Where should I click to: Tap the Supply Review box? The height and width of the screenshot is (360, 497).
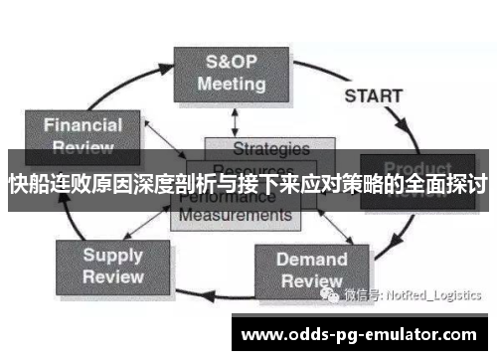tap(113, 265)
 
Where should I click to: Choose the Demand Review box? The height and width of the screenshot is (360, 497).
tap(311, 270)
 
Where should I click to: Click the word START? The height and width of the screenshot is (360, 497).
tap(373, 96)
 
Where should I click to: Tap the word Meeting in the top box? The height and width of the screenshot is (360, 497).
tap(231, 84)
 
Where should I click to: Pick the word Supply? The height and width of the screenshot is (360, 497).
tap(113, 254)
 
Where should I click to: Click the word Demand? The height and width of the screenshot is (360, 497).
tap(311, 260)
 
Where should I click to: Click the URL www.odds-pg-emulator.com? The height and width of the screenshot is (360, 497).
tap(359, 335)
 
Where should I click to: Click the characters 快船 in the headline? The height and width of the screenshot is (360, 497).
tap(28, 184)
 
